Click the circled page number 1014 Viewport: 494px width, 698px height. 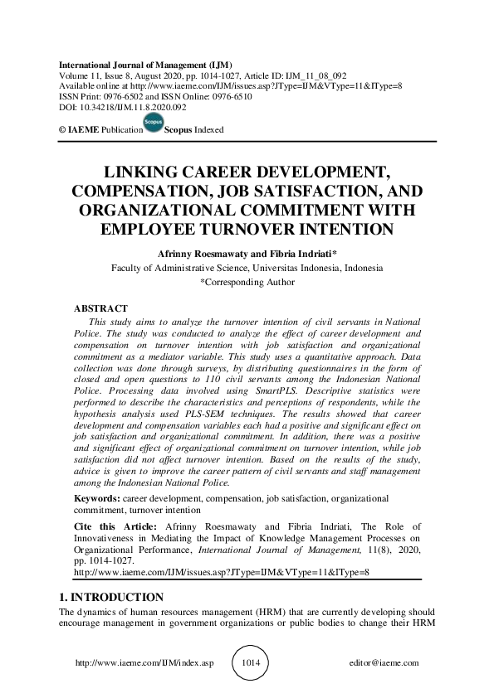[x=251, y=663]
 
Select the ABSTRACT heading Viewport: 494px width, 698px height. [x=101, y=308]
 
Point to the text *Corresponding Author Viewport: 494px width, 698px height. [x=247, y=282]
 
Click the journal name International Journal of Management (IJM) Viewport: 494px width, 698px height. [x=145, y=65]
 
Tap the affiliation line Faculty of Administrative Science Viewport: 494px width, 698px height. [x=247, y=268]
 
